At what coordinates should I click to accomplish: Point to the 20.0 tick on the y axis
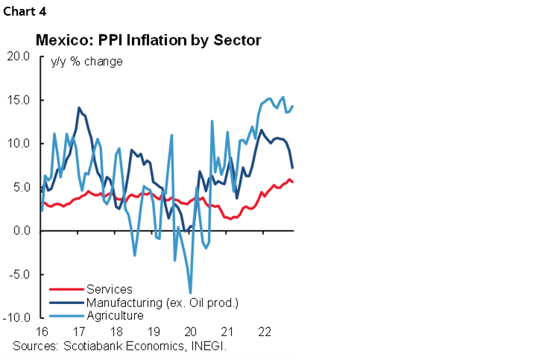coord(19,57)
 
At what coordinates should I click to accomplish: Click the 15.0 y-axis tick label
coord(19,101)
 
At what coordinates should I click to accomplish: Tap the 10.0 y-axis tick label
coord(19,144)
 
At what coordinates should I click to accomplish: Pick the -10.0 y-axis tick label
coord(18,318)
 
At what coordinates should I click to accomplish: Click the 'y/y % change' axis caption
coord(86,61)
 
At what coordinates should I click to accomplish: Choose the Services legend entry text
coord(109,289)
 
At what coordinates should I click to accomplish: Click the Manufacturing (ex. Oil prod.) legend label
coord(162,302)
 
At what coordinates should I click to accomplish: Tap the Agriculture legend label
coord(115,315)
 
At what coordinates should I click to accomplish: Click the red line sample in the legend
coord(66,290)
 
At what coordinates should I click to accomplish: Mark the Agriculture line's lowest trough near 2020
coord(190,293)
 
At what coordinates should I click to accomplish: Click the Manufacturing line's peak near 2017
coord(79,108)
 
